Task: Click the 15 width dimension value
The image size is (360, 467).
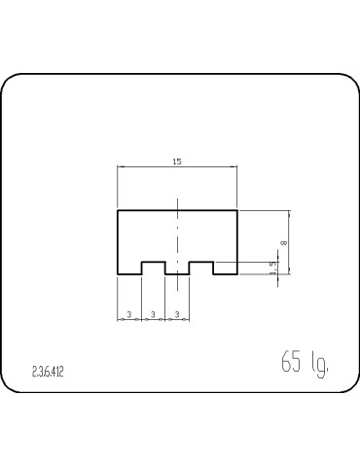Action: (176, 161)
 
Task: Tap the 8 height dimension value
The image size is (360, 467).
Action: (282, 241)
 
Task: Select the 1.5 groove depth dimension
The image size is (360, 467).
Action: (273, 265)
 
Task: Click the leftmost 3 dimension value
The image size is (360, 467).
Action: (129, 314)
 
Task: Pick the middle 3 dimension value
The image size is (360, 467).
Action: (154, 314)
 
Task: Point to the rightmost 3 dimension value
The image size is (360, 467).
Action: (177, 314)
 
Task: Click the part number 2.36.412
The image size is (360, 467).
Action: (48, 372)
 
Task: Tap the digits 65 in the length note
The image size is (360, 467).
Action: (290, 364)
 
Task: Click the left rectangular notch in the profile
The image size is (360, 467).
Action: (154, 268)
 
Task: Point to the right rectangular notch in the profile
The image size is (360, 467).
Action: (201, 268)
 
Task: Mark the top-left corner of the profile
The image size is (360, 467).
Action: (118, 210)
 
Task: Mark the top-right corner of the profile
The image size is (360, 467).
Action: (237, 210)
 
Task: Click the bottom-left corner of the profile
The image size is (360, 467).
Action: (118, 274)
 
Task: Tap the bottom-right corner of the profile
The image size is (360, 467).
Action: (237, 274)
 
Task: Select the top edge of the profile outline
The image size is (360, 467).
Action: (156, 210)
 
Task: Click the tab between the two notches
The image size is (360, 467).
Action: (178, 271)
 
